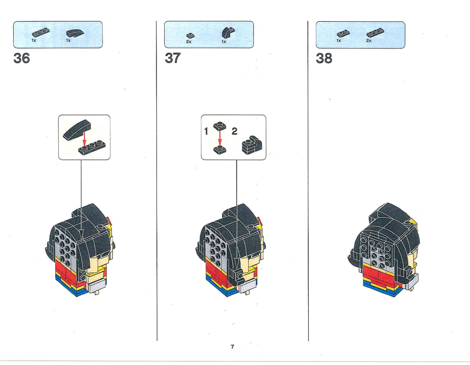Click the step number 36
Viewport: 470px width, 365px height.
22,58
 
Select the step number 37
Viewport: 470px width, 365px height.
173,58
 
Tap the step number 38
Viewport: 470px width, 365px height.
324,58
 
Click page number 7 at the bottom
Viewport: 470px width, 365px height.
232,347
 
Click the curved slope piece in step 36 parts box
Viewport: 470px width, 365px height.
75,33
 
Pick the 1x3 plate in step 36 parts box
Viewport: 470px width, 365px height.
41,32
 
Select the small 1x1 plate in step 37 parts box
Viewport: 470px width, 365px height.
190,35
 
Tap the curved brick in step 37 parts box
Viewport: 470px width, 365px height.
228,32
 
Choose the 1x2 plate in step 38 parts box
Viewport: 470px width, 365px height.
343,34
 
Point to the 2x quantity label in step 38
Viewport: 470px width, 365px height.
369,41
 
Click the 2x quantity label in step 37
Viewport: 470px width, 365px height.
189,42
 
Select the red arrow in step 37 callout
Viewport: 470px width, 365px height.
220,138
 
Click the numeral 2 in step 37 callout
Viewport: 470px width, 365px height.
234,131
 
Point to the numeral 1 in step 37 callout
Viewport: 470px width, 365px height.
206,131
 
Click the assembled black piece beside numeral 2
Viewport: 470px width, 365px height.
252,145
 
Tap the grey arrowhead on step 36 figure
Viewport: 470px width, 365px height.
81,233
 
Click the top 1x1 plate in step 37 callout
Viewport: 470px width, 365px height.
220,126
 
